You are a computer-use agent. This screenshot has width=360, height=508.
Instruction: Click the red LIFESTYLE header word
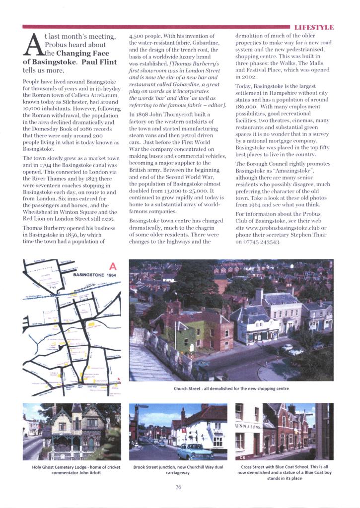click(314, 27)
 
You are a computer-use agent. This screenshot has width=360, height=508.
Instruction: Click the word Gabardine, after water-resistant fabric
click(203, 43)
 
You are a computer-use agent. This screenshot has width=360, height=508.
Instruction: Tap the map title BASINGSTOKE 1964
click(94, 274)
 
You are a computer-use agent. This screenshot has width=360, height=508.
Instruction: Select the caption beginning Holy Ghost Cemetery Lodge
click(72, 470)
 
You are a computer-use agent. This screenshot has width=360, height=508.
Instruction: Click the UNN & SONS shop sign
click(247, 427)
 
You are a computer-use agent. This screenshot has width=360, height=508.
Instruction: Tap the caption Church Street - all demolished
click(231, 388)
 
